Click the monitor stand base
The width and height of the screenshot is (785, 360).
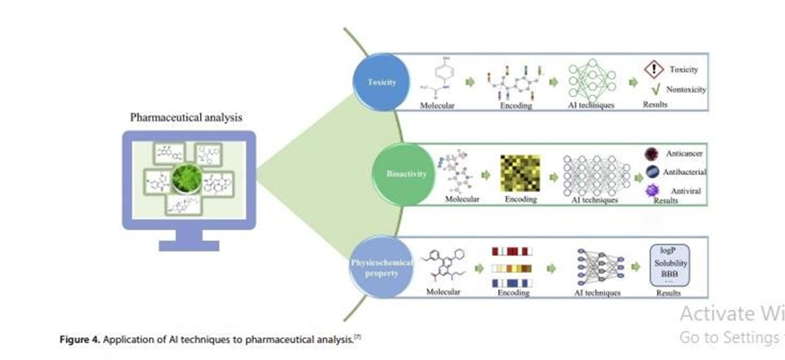pyautogui.click(x=188, y=245)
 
